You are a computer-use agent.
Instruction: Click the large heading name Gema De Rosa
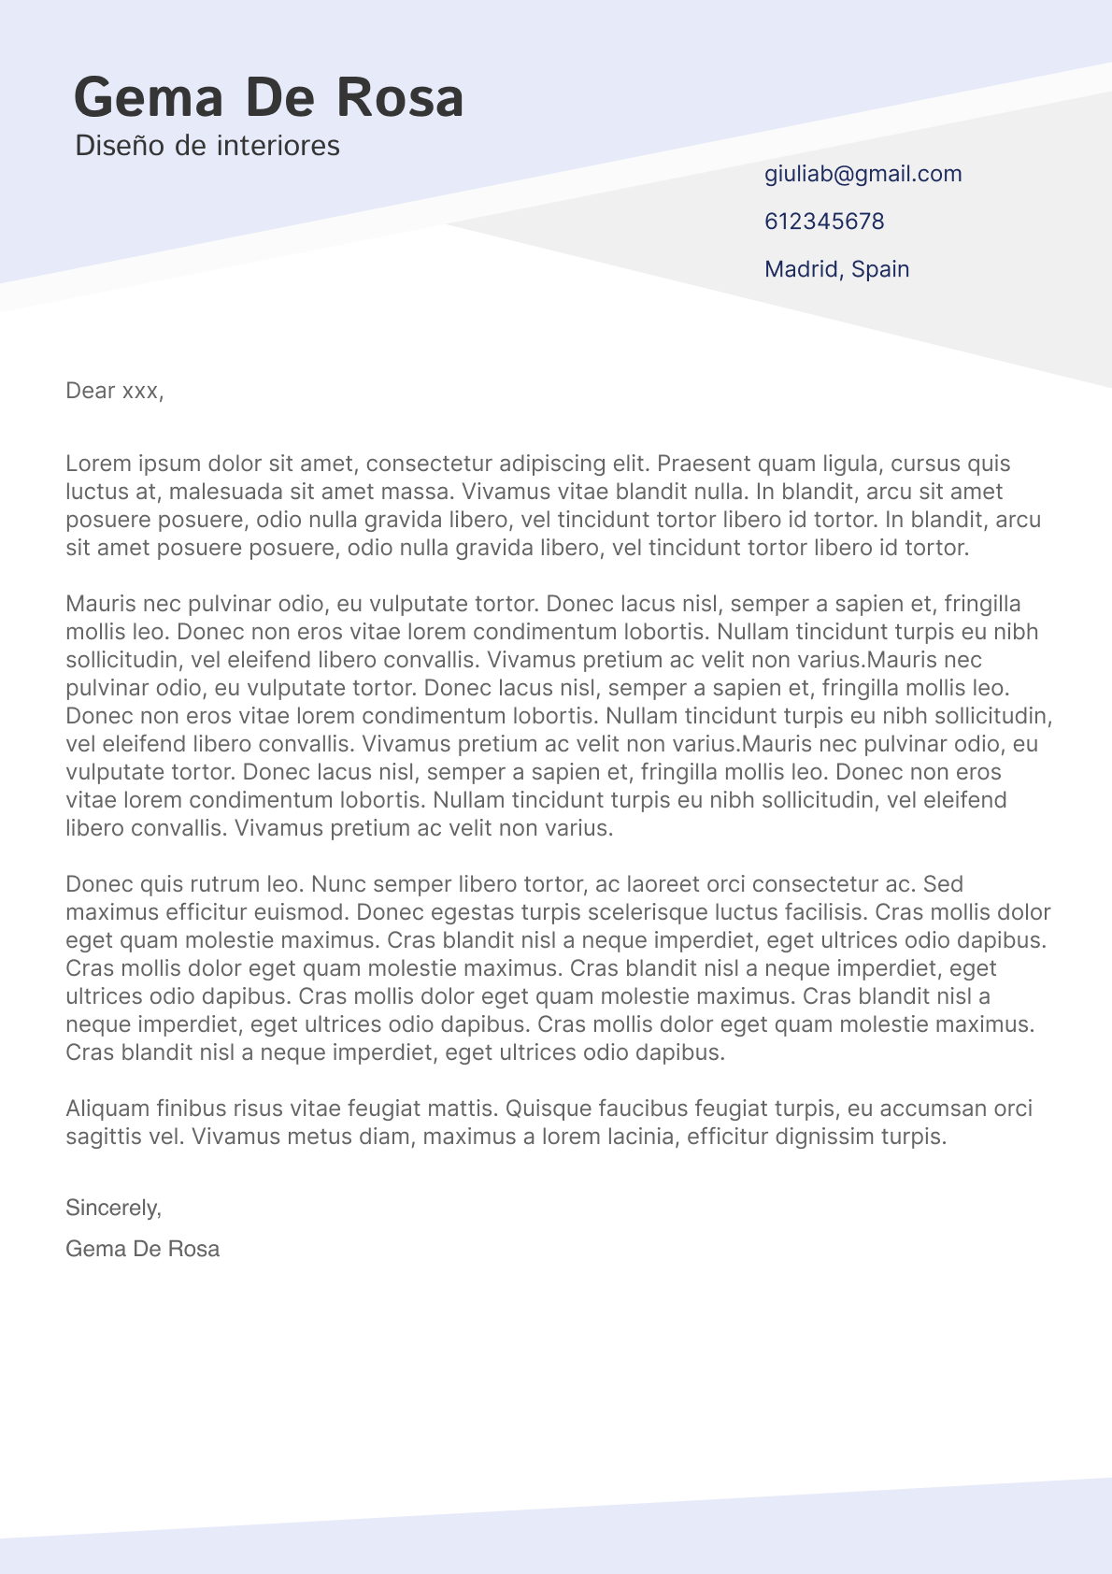pyautogui.click(x=268, y=98)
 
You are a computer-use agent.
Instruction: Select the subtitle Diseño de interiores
pyautogui.click(x=207, y=146)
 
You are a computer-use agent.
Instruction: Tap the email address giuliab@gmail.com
pyautogui.click(x=863, y=174)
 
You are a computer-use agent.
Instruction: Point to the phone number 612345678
pyautogui.click(x=823, y=222)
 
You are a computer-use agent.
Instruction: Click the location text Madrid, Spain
pyautogui.click(x=836, y=269)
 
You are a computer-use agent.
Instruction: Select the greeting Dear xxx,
pyautogui.click(x=114, y=391)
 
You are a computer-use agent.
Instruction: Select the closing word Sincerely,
pyautogui.click(x=113, y=1208)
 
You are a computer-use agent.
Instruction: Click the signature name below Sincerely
pyautogui.click(x=142, y=1249)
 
